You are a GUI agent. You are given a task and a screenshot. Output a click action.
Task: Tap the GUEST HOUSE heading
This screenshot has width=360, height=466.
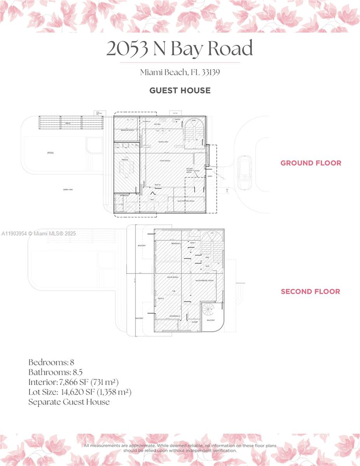(180, 90)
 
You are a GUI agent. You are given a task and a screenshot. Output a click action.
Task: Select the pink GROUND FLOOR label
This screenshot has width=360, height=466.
(311, 163)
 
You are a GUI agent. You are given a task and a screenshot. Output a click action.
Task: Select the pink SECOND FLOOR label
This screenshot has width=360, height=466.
(310, 291)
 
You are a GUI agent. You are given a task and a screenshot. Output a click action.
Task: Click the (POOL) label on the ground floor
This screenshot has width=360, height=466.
(50, 153)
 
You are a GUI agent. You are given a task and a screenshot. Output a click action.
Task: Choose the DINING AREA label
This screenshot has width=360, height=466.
(163, 142)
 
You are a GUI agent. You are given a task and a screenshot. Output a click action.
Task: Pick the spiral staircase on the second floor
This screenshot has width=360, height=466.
(209, 310)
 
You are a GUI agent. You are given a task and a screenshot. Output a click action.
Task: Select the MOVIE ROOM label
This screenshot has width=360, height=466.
(172, 277)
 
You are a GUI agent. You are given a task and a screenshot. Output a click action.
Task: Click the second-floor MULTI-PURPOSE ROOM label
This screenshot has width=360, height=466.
(205, 280)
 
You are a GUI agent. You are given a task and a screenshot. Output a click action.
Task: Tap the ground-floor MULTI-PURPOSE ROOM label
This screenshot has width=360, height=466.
(186, 201)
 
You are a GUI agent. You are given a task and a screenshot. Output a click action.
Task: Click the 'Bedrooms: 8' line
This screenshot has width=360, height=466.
(51, 362)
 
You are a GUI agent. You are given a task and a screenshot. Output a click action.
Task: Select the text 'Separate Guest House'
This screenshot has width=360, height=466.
(69, 402)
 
